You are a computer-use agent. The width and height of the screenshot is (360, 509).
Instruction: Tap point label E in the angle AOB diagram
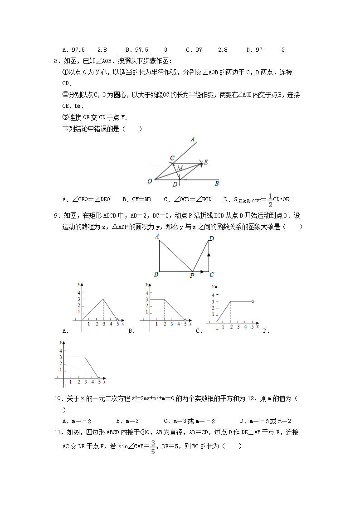click(206, 162)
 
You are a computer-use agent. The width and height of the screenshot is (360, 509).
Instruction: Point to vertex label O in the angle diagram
click(150, 181)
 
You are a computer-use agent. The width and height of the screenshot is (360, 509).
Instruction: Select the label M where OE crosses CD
click(180, 168)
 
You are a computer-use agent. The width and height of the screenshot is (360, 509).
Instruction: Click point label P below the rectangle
click(192, 275)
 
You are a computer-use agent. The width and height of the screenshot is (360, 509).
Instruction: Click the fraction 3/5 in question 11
click(153, 446)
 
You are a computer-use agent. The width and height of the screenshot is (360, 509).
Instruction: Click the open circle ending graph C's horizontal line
click(253, 301)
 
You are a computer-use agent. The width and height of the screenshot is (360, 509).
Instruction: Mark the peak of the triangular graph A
click(103, 299)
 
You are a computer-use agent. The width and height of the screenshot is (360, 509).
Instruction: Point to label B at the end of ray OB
click(217, 184)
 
